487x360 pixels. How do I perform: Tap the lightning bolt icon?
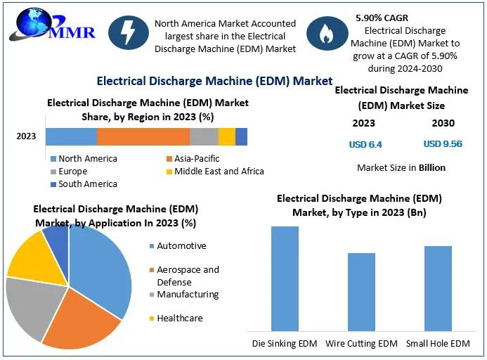(x=128, y=35)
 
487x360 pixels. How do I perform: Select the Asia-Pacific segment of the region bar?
(x=143, y=136)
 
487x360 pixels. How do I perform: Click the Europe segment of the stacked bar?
(x=204, y=136)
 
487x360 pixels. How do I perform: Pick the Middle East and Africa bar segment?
(x=227, y=136)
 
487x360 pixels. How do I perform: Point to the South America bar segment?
(x=241, y=136)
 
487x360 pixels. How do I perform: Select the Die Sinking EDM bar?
(x=285, y=278)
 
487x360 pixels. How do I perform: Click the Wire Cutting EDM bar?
(x=361, y=292)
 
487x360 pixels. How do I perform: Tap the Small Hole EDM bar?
(x=438, y=288)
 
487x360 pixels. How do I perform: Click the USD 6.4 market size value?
(x=365, y=144)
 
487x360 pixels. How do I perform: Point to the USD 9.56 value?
(x=443, y=144)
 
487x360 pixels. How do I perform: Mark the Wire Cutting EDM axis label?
(x=361, y=344)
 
